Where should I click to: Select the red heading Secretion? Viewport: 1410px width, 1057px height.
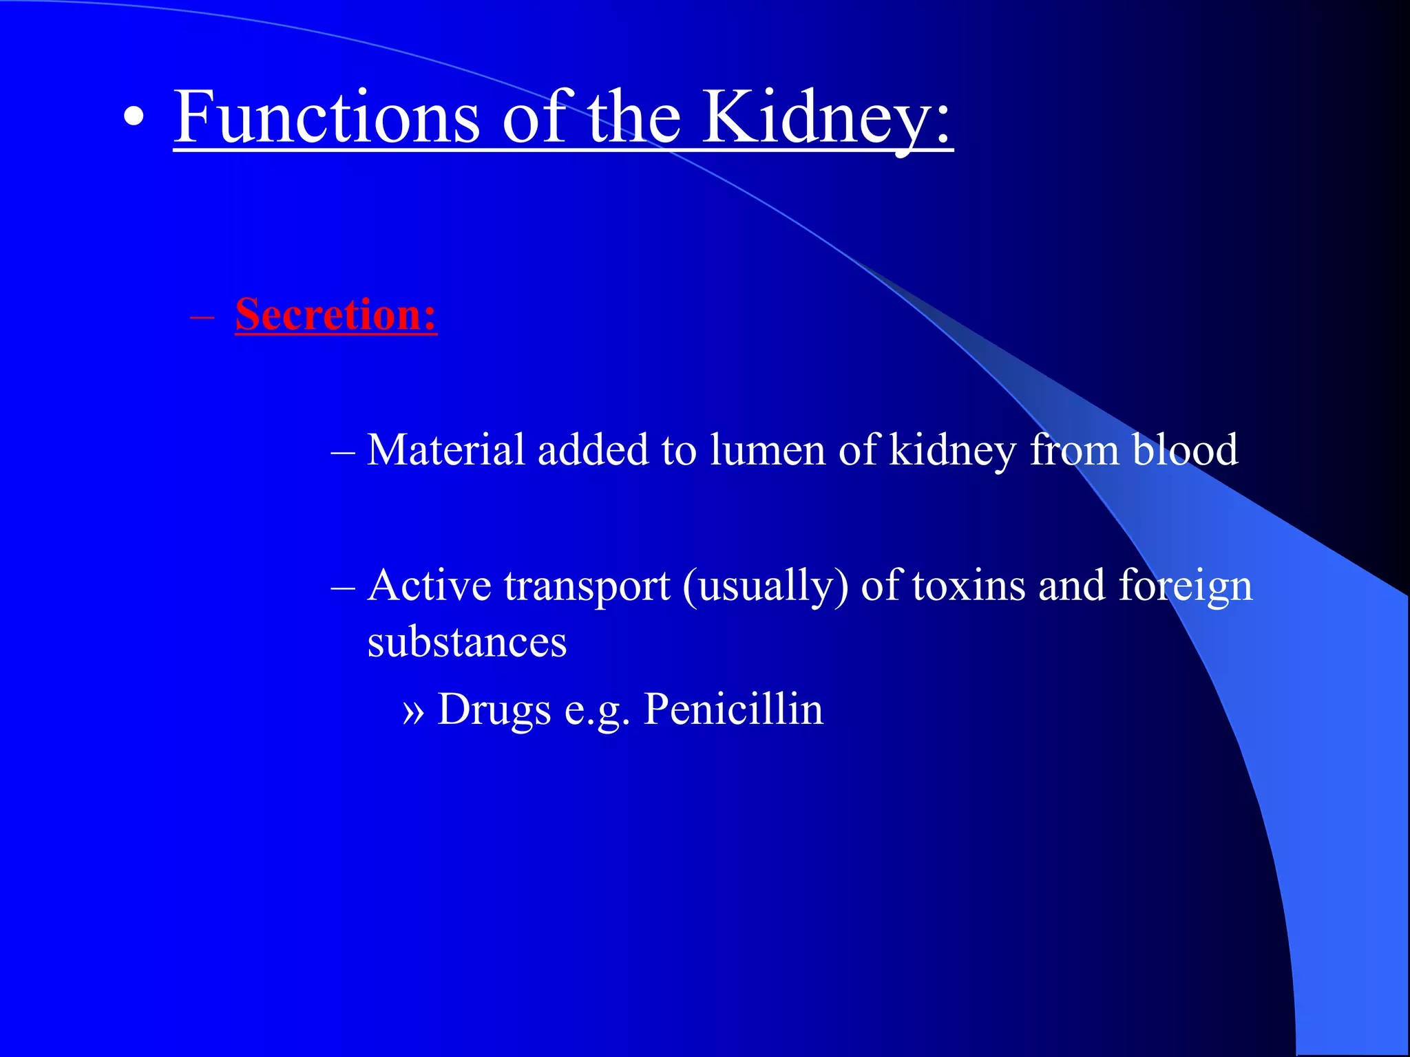click(336, 314)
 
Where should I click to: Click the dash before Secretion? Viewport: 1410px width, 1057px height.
click(202, 319)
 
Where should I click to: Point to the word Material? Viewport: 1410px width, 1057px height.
click(445, 450)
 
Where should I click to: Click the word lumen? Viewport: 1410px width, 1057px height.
click(767, 450)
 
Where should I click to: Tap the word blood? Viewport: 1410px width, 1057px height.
click(1184, 450)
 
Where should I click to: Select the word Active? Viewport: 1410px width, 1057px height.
click(429, 586)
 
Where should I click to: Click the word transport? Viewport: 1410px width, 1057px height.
click(587, 586)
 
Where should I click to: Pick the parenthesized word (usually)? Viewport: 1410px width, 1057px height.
click(766, 587)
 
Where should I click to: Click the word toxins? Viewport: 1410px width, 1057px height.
click(969, 586)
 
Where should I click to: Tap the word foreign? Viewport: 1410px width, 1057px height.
click(1185, 587)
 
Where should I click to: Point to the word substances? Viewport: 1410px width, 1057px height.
click(467, 643)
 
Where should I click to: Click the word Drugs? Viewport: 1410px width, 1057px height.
click(494, 709)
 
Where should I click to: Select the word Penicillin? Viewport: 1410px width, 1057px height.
click(733, 709)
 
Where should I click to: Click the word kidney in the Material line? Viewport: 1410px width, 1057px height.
click(952, 451)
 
